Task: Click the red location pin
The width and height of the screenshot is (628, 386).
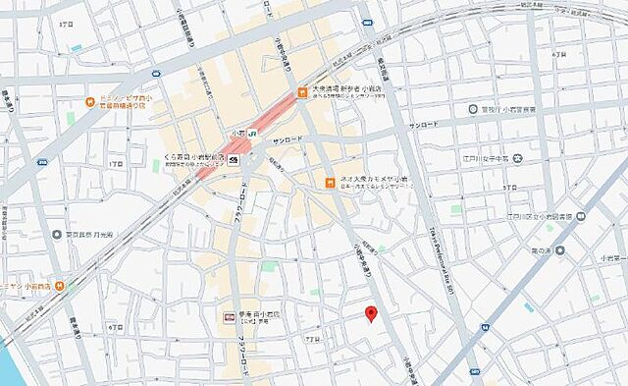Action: (371, 314)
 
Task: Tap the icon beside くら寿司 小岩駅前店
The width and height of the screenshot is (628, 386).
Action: (241, 160)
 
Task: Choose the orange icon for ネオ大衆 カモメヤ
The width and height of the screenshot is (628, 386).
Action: (331, 182)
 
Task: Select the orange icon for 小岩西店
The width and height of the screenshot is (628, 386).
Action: (61, 286)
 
